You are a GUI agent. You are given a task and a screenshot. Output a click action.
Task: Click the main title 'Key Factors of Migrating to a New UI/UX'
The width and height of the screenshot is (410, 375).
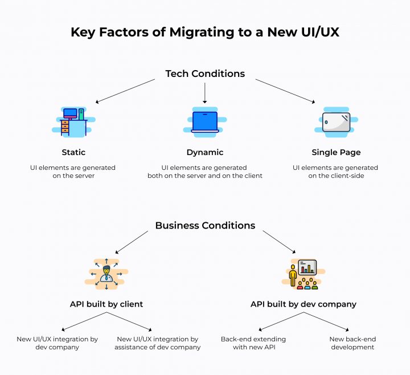tap(205, 32)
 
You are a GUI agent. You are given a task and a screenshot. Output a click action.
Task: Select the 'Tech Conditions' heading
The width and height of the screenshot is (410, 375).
tap(205, 74)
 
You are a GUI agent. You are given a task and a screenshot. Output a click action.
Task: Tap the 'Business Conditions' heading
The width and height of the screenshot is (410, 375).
tap(205, 225)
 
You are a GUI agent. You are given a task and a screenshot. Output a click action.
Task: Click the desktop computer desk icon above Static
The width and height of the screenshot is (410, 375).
tap(73, 122)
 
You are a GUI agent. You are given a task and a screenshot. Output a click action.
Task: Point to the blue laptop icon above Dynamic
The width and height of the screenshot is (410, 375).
tap(205, 122)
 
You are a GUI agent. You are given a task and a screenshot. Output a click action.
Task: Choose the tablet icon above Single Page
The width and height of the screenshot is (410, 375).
tap(336, 123)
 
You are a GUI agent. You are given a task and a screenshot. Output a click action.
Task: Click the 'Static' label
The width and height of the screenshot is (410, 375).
tap(73, 152)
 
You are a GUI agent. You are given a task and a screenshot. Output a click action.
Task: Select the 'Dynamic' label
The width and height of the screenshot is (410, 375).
tap(205, 152)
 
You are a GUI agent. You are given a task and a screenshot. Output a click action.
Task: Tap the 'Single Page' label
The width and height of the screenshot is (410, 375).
tap(336, 152)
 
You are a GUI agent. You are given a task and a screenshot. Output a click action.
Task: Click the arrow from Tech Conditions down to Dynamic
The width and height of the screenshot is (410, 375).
tap(205, 92)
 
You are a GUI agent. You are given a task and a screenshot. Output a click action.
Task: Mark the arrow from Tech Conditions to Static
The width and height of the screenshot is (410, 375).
tap(125, 91)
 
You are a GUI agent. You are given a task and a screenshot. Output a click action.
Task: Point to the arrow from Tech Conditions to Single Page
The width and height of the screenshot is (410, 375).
tap(285, 91)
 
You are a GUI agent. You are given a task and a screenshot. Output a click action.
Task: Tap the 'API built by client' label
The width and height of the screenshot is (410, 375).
tap(106, 304)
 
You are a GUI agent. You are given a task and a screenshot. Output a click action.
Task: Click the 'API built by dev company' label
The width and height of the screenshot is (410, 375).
tap(303, 304)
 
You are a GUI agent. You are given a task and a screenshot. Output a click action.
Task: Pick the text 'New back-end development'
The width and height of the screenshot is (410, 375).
tap(352, 343)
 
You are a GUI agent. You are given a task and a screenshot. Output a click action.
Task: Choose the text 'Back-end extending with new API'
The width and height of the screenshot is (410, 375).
tap(253, 343)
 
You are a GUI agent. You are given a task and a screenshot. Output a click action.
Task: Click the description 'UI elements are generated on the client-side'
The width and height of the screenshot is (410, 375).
tap(335, 172)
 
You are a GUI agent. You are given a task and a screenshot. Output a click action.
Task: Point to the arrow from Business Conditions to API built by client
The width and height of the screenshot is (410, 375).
tap(132, 242)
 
